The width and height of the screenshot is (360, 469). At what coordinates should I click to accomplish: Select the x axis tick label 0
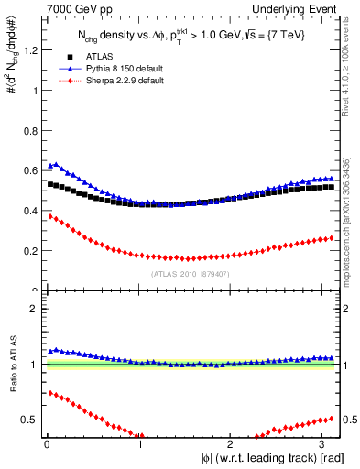coord(46,443)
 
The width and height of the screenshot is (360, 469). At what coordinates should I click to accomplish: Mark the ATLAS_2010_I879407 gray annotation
coord(191,273)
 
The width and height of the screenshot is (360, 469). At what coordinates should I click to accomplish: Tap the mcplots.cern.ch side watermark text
coord(346,220)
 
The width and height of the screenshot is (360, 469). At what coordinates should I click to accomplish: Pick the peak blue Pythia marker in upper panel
coord(57,165)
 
